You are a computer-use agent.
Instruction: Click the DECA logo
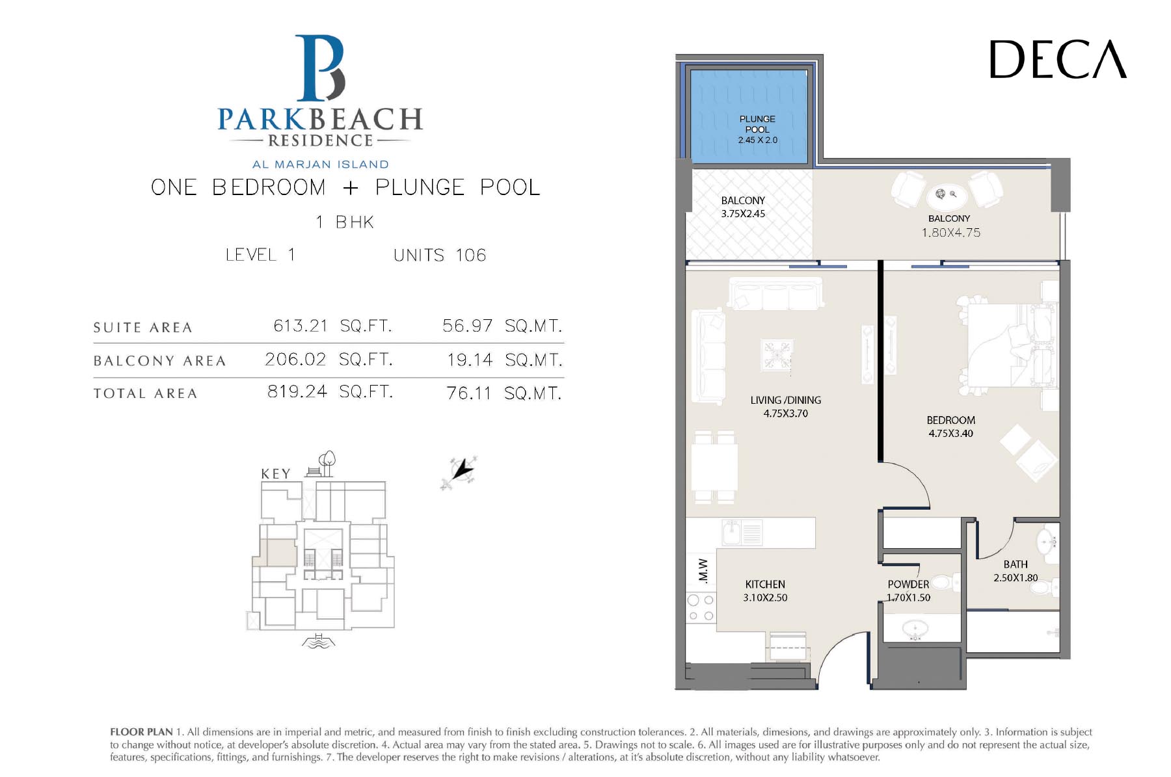coord(1058,59)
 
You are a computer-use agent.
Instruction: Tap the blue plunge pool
coord(748,116)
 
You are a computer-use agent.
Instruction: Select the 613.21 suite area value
coord(301,325)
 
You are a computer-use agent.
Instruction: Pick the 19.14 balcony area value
coord(470,360)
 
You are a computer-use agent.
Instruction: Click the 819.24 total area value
coord(297,391)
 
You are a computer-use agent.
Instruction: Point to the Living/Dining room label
coord(786,406)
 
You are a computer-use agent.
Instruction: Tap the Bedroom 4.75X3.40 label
coord(950,427)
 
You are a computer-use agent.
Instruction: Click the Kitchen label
coord(765,591)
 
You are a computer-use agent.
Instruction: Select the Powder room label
coord(908,591)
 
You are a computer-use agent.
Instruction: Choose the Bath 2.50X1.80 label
coord(1016,571)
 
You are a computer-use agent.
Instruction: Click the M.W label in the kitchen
coord(703,570)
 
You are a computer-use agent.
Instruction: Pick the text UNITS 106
coord(440,255)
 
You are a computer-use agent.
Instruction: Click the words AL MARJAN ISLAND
coord(320,165)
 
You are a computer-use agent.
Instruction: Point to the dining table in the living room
coord(714,466)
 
